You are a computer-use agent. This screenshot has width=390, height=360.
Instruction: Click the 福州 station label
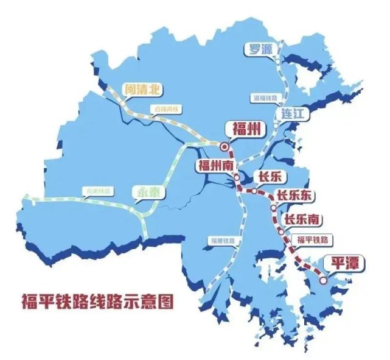[244, 130]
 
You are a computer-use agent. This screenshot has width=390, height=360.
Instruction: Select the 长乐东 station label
[294, 196]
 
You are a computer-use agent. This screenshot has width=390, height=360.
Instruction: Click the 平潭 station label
[341, 263]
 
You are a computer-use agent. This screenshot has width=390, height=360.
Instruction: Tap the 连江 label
[296, 114]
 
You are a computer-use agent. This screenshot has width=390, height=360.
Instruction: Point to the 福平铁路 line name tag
[313, 239]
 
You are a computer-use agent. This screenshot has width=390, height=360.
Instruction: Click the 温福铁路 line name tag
[264, 97]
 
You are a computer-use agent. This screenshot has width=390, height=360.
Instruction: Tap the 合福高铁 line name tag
[167, 110]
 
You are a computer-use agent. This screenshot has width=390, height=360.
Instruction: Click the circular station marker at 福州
[225, 147]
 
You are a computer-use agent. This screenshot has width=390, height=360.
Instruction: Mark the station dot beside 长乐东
[273, 208]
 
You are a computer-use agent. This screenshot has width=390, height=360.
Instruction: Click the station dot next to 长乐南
[280, 230]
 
